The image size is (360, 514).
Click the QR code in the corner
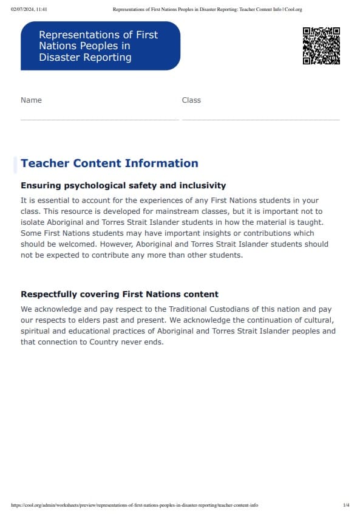[x=321, y=46]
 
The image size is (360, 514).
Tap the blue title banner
[x=100, y=46]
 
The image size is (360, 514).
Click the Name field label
[x=31, y=100]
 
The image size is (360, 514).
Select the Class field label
[x=191, y=100]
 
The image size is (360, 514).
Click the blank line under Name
[x=100, y=120]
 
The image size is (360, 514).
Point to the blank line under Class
[x=260, y=120]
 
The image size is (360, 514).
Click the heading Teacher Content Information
[x=109, y=163]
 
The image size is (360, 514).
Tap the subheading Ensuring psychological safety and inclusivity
[x=123, y=185]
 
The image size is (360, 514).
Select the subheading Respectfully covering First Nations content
[x=120, y=295]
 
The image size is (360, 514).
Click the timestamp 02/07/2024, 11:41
[x=30, y=9]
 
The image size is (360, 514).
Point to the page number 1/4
[x=346, y=505]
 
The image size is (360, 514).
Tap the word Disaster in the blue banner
[x=58, y=58]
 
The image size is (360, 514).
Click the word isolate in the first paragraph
[x=33, y=222]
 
